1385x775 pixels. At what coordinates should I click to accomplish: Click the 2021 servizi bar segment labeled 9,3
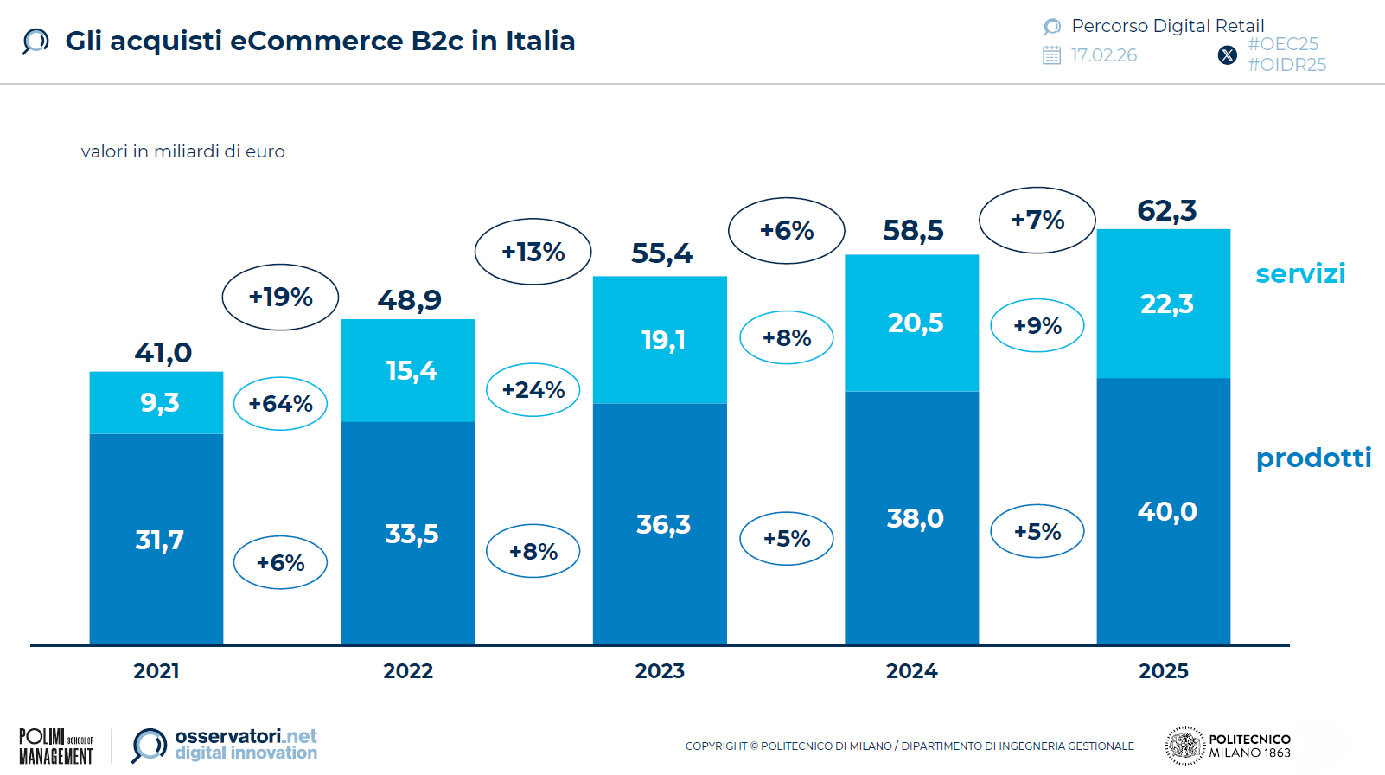pyautogui.click(x=156, y=402)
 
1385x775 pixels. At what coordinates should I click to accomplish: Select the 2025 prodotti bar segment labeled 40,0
pyautogui.click(x=1163, y=510)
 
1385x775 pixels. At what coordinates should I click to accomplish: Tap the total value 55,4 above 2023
pyautogui.click(x=661, y=253)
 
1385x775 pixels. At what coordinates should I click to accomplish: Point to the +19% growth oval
pyautogui.click(x=280, y=297)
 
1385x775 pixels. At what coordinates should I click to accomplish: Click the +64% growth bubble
pyautogui.click(x=280, y=403)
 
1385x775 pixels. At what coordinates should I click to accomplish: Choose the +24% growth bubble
pyautogui.click(x=533, y=390)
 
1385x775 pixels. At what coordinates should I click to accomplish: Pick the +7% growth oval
pyautogui.click(x=1037, y=220)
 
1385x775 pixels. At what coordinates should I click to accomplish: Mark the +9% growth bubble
pyautogui.click(x=1037, y=325)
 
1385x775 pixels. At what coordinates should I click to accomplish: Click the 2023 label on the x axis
pyautogui.click(x=660, y=671)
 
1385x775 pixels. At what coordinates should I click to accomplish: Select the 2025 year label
pyautogui.click(x=1163, y=671)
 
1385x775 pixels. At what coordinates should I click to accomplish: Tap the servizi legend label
pyautogui.click(x=1299, y=273)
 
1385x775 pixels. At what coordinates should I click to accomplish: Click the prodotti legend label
pyautogui.click(x=1312, y=458)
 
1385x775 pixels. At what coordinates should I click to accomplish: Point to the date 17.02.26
pyautogui.click(x=1103, y=55)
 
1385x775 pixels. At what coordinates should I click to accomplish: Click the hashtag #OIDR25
pyautogui.click(x=1286, y=65)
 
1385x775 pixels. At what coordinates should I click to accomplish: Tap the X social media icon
pyautogui.click(x=1227, y=55)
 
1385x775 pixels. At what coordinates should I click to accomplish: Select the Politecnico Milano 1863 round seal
pyautogui.click(x=1184, y=746)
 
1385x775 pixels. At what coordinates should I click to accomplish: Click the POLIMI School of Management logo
pyautogui.click(x=55, y=746)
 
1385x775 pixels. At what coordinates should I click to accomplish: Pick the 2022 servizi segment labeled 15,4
pyautogui.click(x=408, y=370)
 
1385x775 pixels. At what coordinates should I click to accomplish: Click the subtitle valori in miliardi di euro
pyautogui.click(x=182, y=151)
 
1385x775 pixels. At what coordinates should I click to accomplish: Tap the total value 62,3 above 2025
pyautogui.click(x=1166, y=210)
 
